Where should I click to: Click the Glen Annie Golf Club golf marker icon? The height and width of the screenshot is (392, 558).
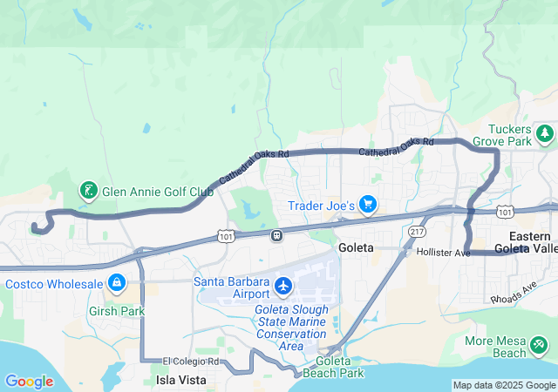pos(88,190)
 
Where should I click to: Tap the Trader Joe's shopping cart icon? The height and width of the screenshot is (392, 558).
pos(368,206)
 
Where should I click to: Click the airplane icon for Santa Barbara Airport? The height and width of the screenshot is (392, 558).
pos(283,285)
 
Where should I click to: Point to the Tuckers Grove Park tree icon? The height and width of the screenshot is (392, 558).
pos(545,133)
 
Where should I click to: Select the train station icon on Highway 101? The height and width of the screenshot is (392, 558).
pos(277,234)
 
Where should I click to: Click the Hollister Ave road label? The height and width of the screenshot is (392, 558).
pos(443,253)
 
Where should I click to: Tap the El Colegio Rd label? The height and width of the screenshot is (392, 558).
pos(188,362)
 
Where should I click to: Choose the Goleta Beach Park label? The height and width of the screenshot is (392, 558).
pos(340,367)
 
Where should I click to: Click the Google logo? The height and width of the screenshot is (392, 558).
pos(29,382)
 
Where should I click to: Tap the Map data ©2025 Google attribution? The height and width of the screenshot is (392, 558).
pos(504,385)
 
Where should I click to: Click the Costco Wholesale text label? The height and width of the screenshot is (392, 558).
pos(54,283)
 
